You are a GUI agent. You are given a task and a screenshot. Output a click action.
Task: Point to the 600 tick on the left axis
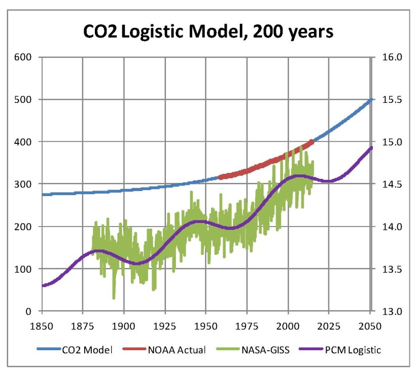(24, 57)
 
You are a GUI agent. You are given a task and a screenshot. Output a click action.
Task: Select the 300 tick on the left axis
(24, 184)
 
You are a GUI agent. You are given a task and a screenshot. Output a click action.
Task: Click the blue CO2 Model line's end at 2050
(371, 99)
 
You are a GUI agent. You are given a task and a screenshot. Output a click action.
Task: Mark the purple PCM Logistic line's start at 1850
(43, 286)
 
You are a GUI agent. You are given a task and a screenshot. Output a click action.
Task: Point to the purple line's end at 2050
(371, 147)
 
